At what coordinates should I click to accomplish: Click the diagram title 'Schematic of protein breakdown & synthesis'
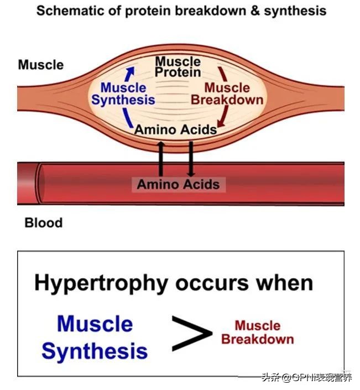point(181,11)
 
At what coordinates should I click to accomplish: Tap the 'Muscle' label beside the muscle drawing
point(40,65)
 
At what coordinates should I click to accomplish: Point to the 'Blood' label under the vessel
point(43,223)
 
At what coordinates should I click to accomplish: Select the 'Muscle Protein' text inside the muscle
point(178,66)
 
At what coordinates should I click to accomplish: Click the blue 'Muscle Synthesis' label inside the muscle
point(123,93)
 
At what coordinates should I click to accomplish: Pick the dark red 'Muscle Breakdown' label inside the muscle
point(227,94)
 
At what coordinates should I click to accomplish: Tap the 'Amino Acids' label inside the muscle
point(176,129)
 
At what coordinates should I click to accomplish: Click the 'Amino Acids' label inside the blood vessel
point(178,184)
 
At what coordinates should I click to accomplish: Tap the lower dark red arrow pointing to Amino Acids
point(223,116)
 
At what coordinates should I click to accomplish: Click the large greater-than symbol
point(191,332)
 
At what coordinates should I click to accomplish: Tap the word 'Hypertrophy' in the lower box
point(101,283)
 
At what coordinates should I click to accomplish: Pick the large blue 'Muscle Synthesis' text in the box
point(95,337)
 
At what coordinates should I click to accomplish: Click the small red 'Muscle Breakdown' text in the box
point(257,332)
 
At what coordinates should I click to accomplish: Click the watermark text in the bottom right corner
point(307,378)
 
